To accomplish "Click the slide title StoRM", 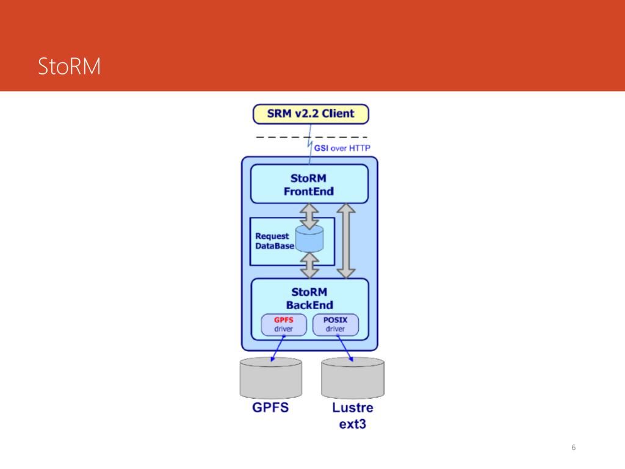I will pos(69,67).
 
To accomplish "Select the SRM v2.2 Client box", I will pos(311,114).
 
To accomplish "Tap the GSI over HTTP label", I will pos(342,148).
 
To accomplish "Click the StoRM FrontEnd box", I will pos(309,184).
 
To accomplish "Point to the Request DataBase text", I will pos(273,241).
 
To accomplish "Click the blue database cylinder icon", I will pos(309,239).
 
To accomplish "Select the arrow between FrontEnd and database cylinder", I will pos(309,214).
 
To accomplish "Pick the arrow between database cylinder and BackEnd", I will pos(310,265).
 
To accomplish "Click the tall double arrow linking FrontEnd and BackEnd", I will pos(346,241).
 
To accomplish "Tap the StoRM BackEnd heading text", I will pos(309,298).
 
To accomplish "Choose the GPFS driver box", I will pos(283,324).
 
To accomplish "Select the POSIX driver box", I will pos(335,324).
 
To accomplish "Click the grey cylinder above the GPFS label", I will pos(271,377).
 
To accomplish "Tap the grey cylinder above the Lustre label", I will pos(353,377).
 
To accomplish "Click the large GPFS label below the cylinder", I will pos(270,407).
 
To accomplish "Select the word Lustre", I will pos(353,407).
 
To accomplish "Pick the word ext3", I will pos(353,423).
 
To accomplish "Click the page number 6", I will pos(573,448).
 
